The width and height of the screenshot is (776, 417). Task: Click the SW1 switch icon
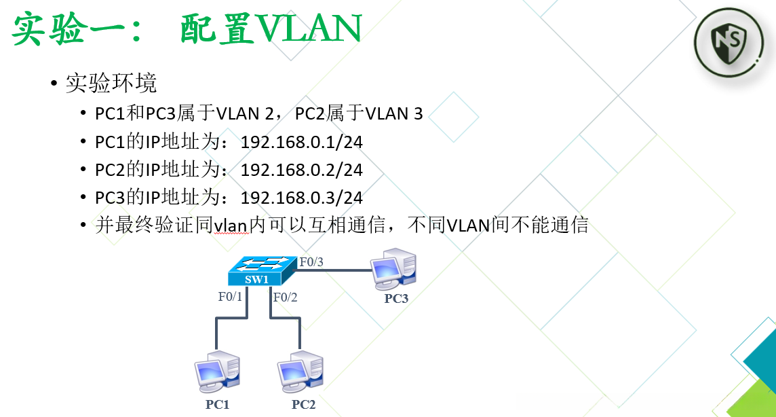tap(262, 271)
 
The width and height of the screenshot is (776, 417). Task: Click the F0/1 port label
tap(230, 296)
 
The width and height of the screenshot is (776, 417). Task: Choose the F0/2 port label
tap(285, 296)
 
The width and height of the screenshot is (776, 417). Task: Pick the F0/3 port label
tap(311, 261)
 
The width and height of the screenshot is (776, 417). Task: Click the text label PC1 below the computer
tap(217, 405)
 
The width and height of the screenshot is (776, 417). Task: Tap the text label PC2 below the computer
tap(303, 405)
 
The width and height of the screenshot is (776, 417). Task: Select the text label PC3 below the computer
tap(396, 298)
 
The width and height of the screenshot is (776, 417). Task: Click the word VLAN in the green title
tap(301, 29)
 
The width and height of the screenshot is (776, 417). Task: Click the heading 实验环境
tap(111, 83)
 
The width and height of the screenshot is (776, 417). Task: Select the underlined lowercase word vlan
tap(232, 225)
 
